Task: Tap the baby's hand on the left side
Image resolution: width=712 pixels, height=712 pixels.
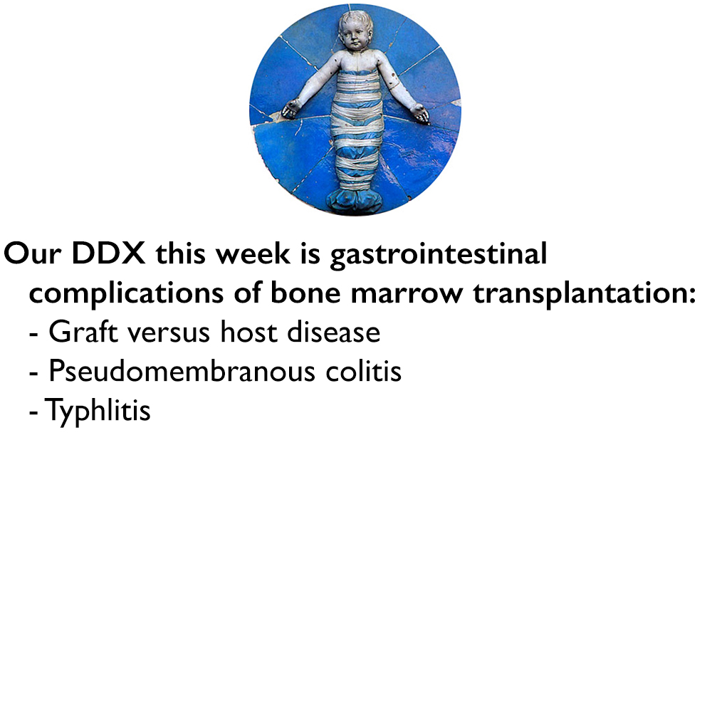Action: point(290,109)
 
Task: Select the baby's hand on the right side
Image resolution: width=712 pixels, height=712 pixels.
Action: point(421,112)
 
